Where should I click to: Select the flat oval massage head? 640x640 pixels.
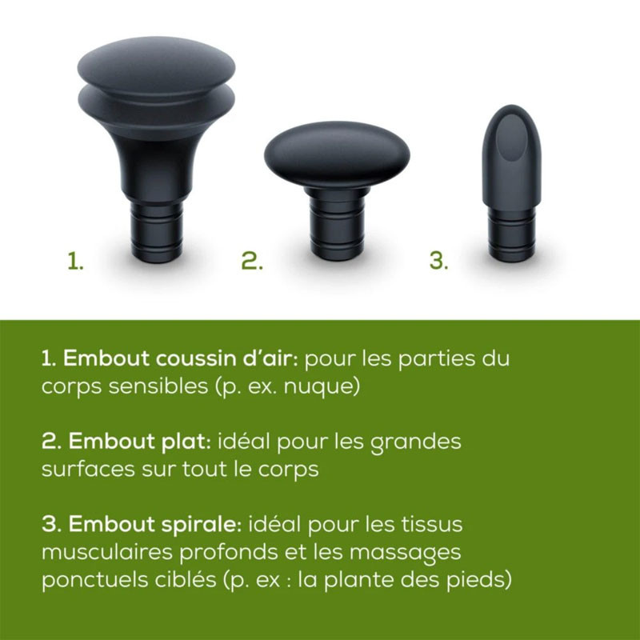(337, 156)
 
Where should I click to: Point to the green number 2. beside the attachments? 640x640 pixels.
(252, 262)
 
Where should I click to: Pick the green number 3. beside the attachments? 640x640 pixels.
(438, 262)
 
